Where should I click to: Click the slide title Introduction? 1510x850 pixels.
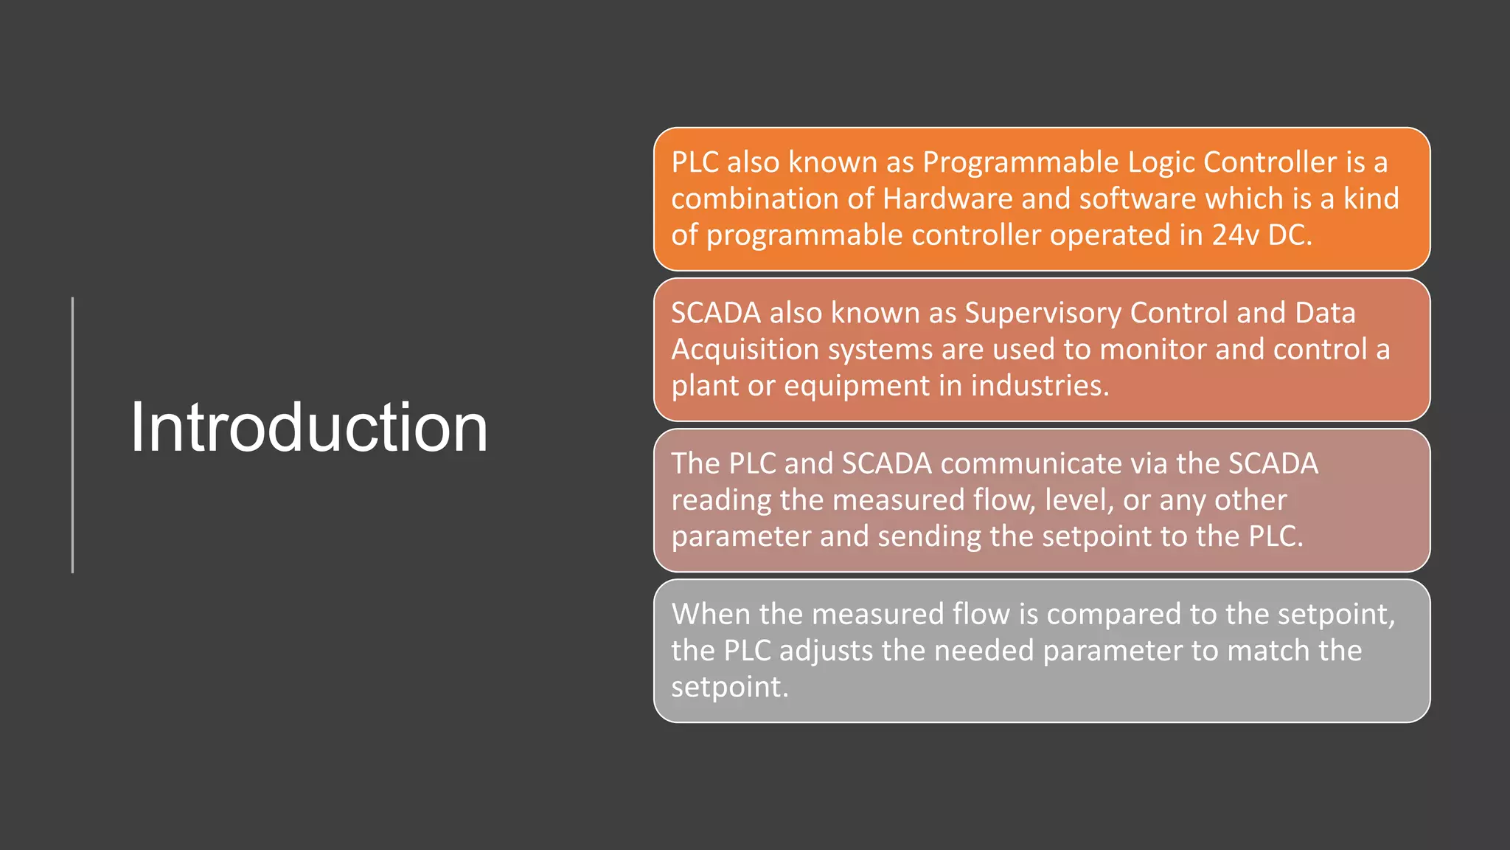[309, 428]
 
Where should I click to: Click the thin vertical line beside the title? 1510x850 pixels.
[72, 435]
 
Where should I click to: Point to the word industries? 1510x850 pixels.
[1039, 385]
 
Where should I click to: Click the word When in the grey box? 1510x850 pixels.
[711, 614]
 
